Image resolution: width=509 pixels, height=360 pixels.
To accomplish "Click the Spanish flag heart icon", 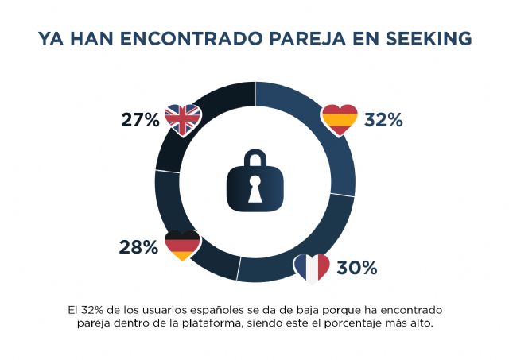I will tap(340, 120).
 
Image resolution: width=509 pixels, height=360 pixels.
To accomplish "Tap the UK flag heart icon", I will tap(184, 120).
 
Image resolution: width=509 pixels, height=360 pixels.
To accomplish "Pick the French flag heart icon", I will tap(312, 268).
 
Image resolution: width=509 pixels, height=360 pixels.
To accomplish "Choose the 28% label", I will tap(139, 247).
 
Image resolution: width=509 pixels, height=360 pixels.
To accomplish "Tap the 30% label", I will tap(356, 268).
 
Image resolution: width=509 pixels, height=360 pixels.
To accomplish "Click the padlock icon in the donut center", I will tap(254, 180).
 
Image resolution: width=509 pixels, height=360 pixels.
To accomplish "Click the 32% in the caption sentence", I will tap(94, 308).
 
